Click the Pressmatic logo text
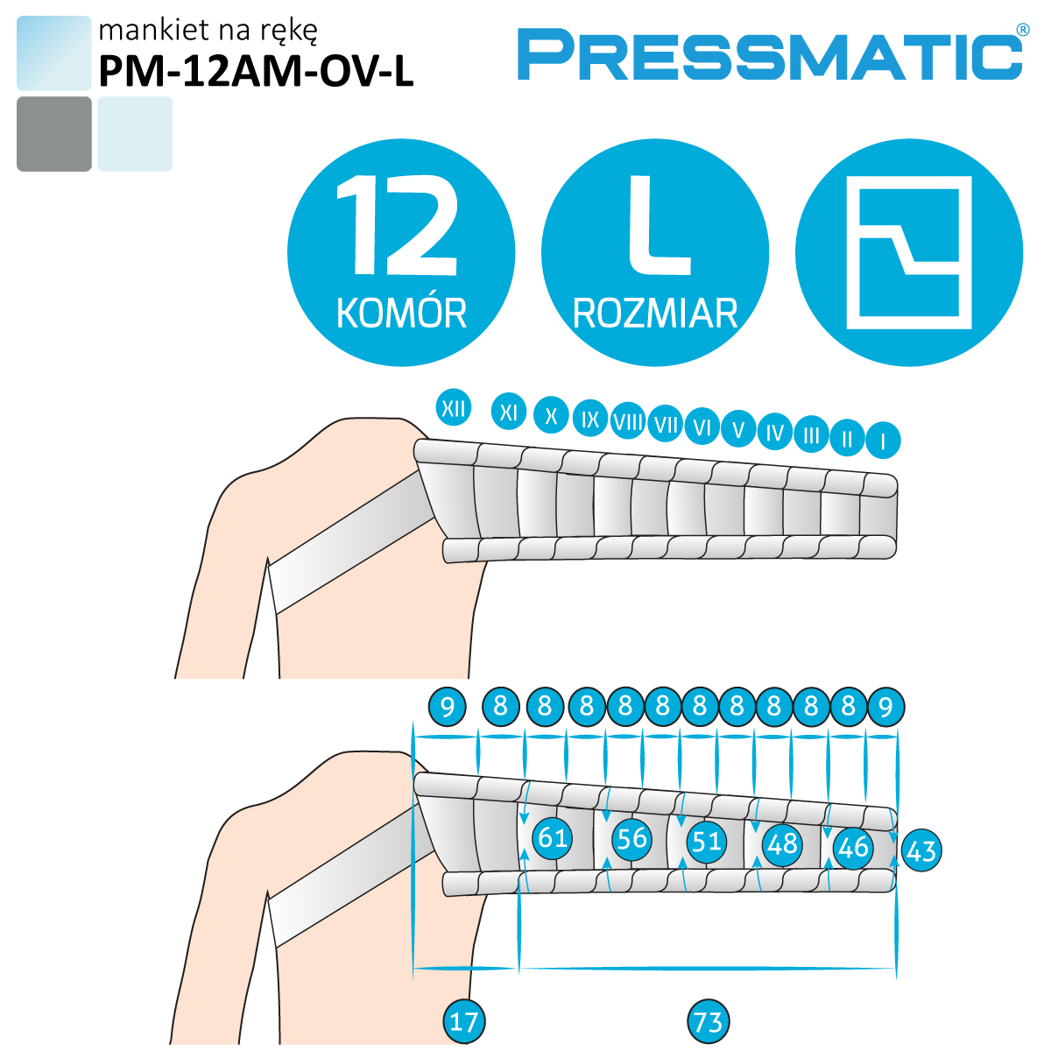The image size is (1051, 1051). click(x=769, y=54)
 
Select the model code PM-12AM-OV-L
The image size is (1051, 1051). click(x=255, y=71)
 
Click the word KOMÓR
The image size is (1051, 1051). click(x=401, y=314)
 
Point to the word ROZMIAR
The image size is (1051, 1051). click(x=655, y=314)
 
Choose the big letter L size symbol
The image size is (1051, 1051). click(x=657, y=225)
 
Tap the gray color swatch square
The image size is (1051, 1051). click(x=53, y=134)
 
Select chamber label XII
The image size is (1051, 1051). click(x=453, y=408)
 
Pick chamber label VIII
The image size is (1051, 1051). click(x=628, y=421)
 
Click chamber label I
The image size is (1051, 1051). click(x=883, y=441)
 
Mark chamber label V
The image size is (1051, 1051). click(x=738, y=429)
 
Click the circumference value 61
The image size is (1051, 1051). click(x=553, y=838)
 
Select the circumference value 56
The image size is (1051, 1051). click(x=631, y=838)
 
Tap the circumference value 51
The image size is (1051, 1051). click(x=706, y=841)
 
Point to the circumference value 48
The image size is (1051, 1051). click(x=781, y=843)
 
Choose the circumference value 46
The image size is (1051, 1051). click(x=852, y=847)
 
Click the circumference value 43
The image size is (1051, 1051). click(x=921, y=850)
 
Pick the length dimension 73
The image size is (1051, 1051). click(x=708, y=1021)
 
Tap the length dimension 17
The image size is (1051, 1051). click(x=463, y=1021)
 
